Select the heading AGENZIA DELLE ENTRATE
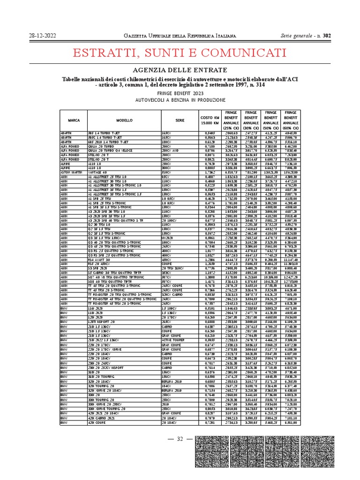[x=180, y=70]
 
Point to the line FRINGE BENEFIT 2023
[x=180, y=93]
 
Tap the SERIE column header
[x=180, y=120]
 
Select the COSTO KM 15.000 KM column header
[x=210, y=120]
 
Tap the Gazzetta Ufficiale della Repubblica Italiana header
[x=180, y=36]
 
